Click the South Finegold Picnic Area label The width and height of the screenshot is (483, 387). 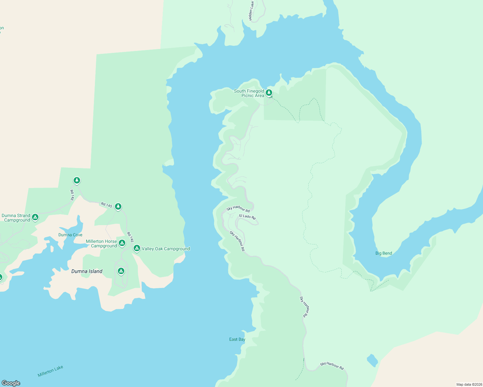[x=249, y=93]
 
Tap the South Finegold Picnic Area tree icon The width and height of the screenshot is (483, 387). [x=269, y=93]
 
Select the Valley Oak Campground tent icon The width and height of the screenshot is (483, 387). [x=137, y=248]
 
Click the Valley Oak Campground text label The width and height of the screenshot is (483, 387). [x=166, y=249]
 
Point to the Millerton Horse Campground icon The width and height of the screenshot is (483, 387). [x=122, y=243]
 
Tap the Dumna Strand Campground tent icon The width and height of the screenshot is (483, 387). [x=35, y=217]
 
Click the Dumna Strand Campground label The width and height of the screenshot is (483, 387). [x=16, y=218]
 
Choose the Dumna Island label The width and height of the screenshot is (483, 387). [x=87, y=271]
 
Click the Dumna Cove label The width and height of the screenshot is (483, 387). [x=70, y=235]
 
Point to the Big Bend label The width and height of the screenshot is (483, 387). [x=384, y=253]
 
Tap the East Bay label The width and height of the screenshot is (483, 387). [x=237, y=339]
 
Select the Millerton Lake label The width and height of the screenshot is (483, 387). [x=50, y=371]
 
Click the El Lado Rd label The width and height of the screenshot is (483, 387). [x=247, y=217]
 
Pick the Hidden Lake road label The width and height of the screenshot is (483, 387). [x=251, y=11]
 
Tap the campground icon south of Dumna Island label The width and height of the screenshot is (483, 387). [x=121, y=271]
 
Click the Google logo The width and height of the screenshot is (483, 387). [x=11, y=383]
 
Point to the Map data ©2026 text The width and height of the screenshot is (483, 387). [x=469, y=384]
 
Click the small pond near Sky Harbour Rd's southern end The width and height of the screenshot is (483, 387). [x=372, y=360]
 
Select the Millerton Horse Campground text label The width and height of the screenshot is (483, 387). [x=101, y=243]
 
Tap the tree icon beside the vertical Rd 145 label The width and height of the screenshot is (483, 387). [x=77, y=180]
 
